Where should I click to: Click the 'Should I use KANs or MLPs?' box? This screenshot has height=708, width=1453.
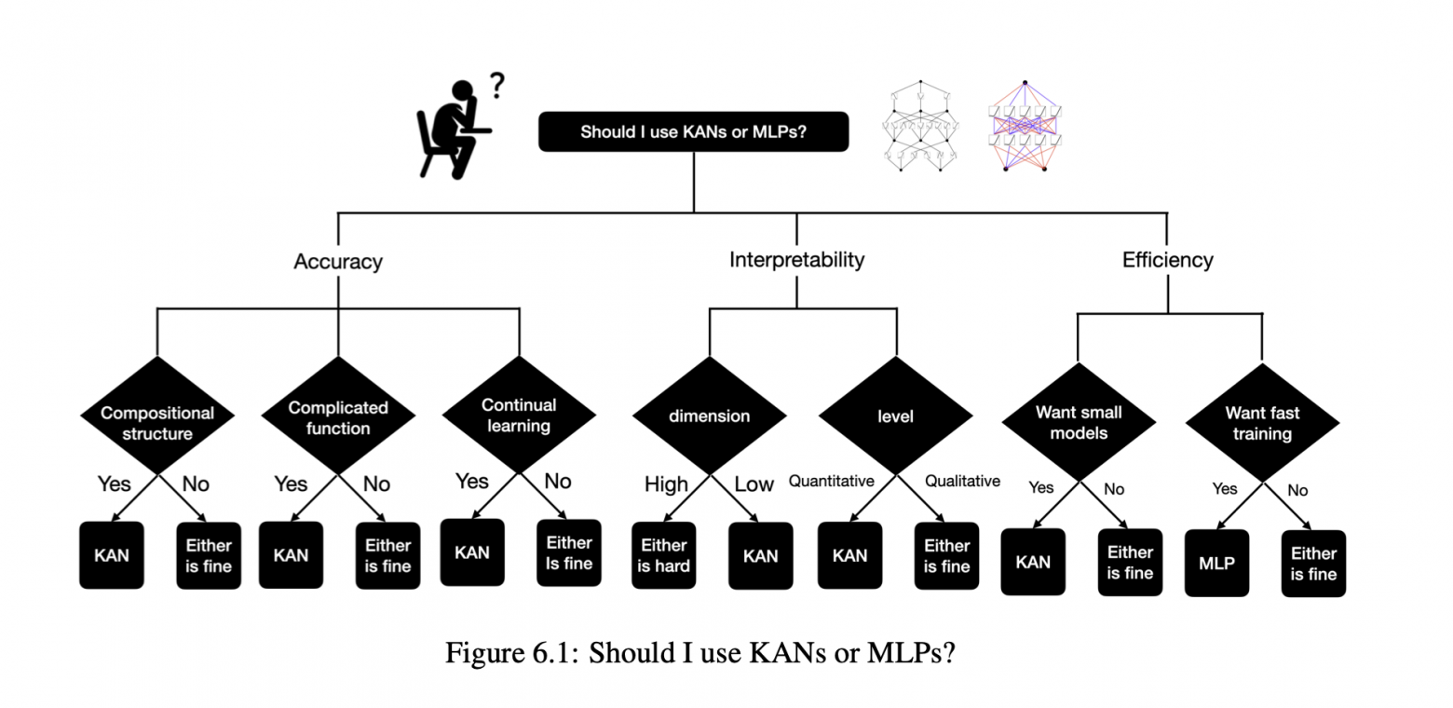tap(693, 131)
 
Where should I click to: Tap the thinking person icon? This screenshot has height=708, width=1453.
tap(454, 129)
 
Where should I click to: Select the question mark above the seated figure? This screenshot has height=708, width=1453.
tap(497, 85)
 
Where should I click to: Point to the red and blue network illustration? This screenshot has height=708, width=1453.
tap(1025, 127)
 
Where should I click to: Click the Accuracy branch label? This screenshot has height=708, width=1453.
tap(338, 262)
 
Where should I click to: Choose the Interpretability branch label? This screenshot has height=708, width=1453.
tap(796, 260)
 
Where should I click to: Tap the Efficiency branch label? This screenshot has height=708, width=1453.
tap(1168, 260)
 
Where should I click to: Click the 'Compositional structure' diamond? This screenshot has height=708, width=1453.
tap(157, 415)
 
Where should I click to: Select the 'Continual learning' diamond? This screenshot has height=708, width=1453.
tap(519, 415)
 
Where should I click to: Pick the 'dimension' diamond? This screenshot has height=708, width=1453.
tap(710, 415)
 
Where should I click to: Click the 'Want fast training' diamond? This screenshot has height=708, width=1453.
tap(1262, 422)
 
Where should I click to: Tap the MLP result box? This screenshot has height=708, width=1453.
tap(1216, 564)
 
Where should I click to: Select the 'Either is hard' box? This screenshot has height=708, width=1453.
tap(663, 555)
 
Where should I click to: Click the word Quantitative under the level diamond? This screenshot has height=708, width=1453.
tap(831, 481)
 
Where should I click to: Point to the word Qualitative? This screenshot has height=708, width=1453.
tap(962, 481)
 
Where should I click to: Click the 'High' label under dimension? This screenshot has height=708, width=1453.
tap(666, 484)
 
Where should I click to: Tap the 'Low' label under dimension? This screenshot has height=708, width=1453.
tap(754, 484)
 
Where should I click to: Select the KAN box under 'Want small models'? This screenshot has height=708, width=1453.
tap(1033, 562)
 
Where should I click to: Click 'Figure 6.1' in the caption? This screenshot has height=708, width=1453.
tap(511, 652)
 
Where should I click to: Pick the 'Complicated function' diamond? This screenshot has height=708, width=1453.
tap(338, 415)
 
